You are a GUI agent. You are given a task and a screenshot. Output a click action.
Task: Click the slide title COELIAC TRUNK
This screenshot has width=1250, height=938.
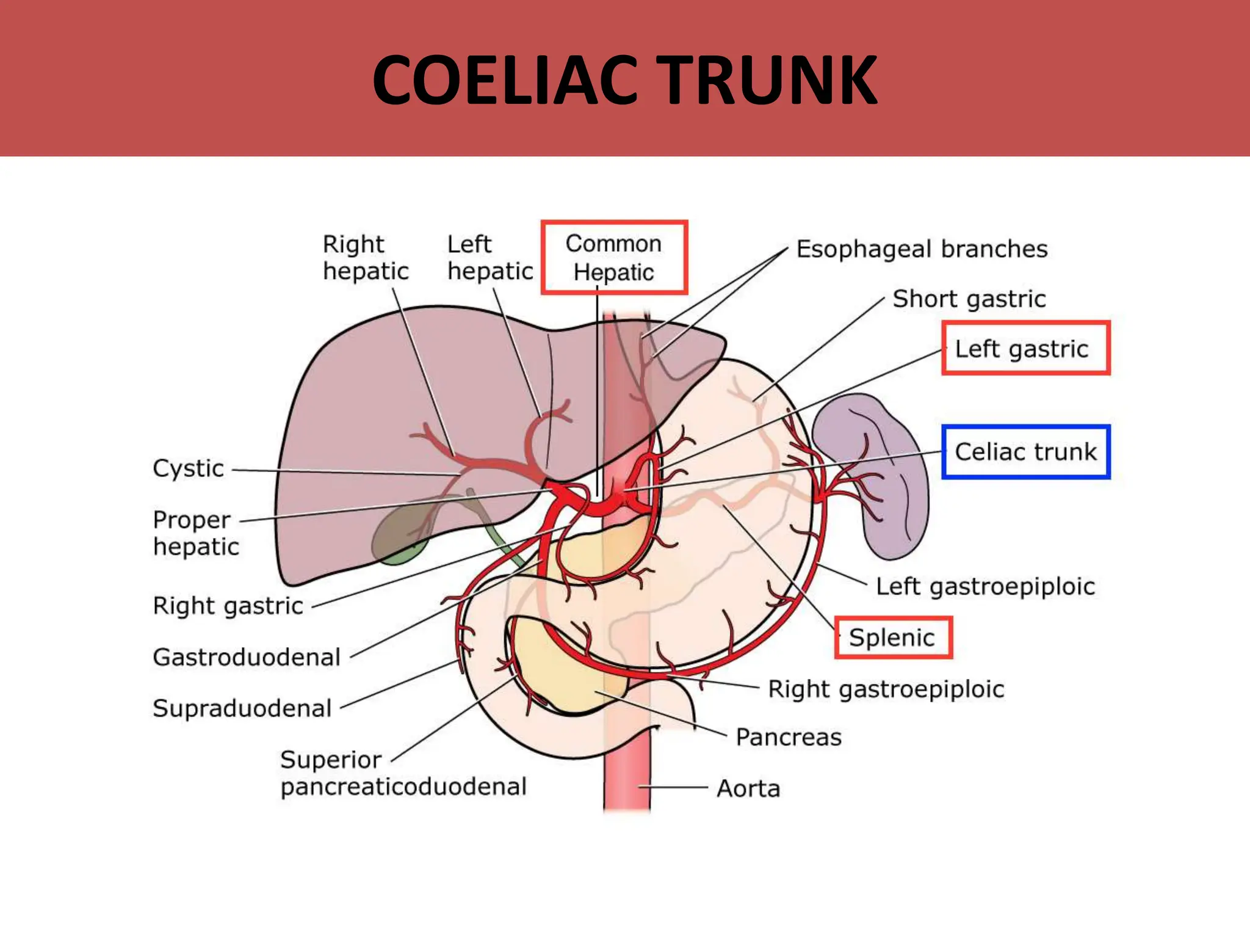[625, 80]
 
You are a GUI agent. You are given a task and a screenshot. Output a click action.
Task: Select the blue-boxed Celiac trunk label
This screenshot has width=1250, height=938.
[1025, 452]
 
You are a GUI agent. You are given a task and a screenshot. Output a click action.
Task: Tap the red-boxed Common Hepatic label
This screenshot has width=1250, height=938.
[614, 258]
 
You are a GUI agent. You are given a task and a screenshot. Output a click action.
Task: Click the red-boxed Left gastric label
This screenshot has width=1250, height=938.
[1025, 349]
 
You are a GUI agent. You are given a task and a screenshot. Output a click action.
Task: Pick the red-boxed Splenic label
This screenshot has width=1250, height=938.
[893, 638]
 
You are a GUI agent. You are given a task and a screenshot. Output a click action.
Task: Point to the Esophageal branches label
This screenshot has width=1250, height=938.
[922, 249]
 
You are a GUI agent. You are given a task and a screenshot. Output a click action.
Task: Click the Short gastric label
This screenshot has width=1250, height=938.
[969, 299]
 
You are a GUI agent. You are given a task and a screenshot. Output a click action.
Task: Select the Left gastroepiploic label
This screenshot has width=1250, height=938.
[985, 586]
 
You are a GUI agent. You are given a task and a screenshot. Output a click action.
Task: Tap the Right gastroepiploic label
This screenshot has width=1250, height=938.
[886, 689]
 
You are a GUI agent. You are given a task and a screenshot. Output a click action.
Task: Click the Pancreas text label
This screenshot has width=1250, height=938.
[789, 737]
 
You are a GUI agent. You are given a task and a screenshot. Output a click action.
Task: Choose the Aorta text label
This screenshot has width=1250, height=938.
[748, 788]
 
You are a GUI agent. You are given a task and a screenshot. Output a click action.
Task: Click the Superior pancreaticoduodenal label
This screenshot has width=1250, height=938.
[403, 773]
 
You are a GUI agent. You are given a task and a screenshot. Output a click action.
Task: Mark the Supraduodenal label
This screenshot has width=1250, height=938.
[242, 708]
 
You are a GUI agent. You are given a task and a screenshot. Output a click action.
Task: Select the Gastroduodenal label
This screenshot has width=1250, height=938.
[247, 657]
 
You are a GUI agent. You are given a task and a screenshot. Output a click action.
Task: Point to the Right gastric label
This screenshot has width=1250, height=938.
[228, 606]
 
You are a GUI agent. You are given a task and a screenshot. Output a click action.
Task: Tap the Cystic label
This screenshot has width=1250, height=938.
[189, 468]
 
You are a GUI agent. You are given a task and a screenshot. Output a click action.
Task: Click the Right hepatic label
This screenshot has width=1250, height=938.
[365, 258]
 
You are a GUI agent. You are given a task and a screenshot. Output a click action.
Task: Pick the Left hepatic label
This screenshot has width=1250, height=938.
[490, 258]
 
